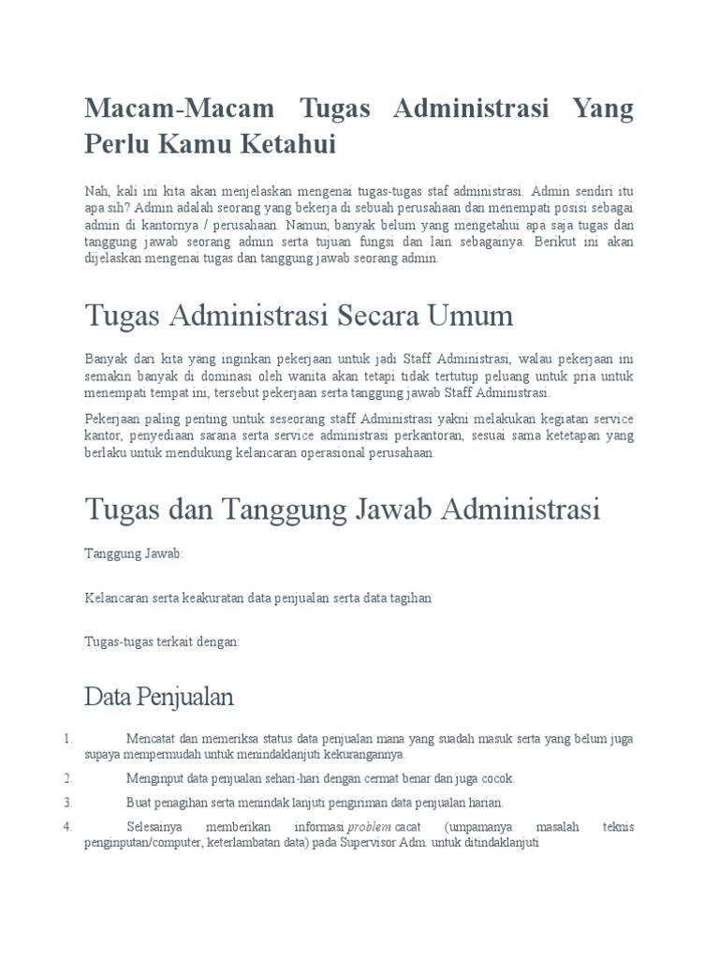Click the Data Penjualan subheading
[x=159, y=697]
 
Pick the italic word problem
[x=369, y=827]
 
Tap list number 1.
[x=67, y=739]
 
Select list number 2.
[x=67, y=777]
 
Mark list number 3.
[x=67, y=802]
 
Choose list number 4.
[x=67, y=827]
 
